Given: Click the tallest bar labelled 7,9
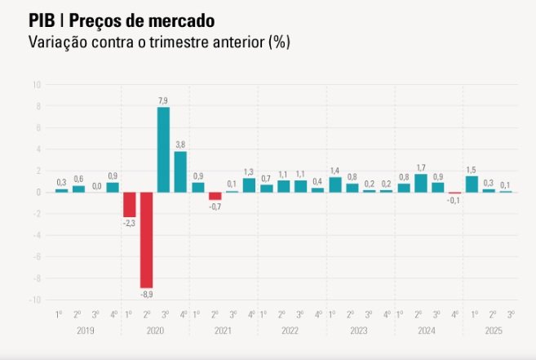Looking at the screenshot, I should point(163,149).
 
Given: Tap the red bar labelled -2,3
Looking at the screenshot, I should point(130,204).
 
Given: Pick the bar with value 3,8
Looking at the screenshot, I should point(180,171).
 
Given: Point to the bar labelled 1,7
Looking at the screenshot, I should point(421,183).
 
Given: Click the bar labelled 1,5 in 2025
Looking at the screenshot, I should point(472,184).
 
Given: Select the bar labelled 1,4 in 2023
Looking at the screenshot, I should point(335,184).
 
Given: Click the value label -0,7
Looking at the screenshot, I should point(215,207).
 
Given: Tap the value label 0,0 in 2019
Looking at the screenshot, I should point(96,186).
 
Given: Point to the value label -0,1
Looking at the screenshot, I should point(454,201).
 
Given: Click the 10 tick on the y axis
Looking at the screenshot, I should point(37,85).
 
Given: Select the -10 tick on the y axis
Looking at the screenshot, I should point(35,300).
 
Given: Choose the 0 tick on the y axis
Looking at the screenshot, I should point(38,193).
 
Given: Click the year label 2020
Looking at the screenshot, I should point(155,331).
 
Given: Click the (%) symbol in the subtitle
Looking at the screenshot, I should point(279,41).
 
